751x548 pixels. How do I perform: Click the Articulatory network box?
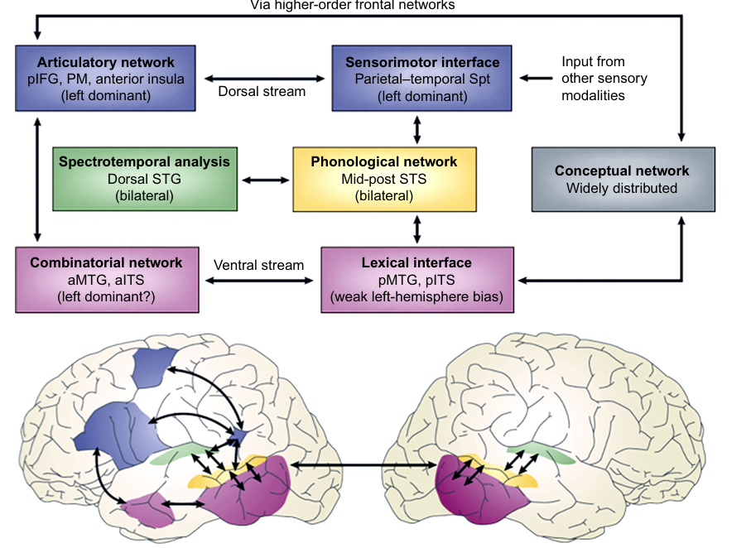pyautogui.click(x=106, y=79)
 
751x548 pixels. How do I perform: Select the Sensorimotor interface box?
pyautogui.click(x=422, y=79)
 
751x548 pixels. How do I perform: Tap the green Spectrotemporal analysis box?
pyautogui.click(x=144, y=176)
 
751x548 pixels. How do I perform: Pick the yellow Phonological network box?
pyautogui.click(x=383, y=179)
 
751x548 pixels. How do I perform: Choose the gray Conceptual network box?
pyautogui.click(x=621, y=179)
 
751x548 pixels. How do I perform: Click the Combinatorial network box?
pyautogui.click(x=106, y=279)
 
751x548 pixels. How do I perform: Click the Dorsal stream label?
pyautogui.click(x=262, y=91)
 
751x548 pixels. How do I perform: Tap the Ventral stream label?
pyautogui.click(x=259, y=266)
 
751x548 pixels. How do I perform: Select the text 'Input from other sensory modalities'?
pyautogui.click(x=604, y=79)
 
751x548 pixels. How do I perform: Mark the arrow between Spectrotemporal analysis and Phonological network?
pyautogui.click(x=264, y=178)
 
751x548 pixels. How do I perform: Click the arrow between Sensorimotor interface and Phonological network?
pyautogui.click(x=417, y=129)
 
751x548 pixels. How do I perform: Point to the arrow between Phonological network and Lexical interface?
pyautogui.click(x=417, y=228)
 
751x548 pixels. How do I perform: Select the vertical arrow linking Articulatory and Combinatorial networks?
pyautogui.click(x=36, y=178)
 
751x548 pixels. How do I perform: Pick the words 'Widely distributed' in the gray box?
pyautogui.click(x=621, y=188)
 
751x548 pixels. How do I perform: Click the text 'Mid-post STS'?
pyautogui.click(x=383, y=179)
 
